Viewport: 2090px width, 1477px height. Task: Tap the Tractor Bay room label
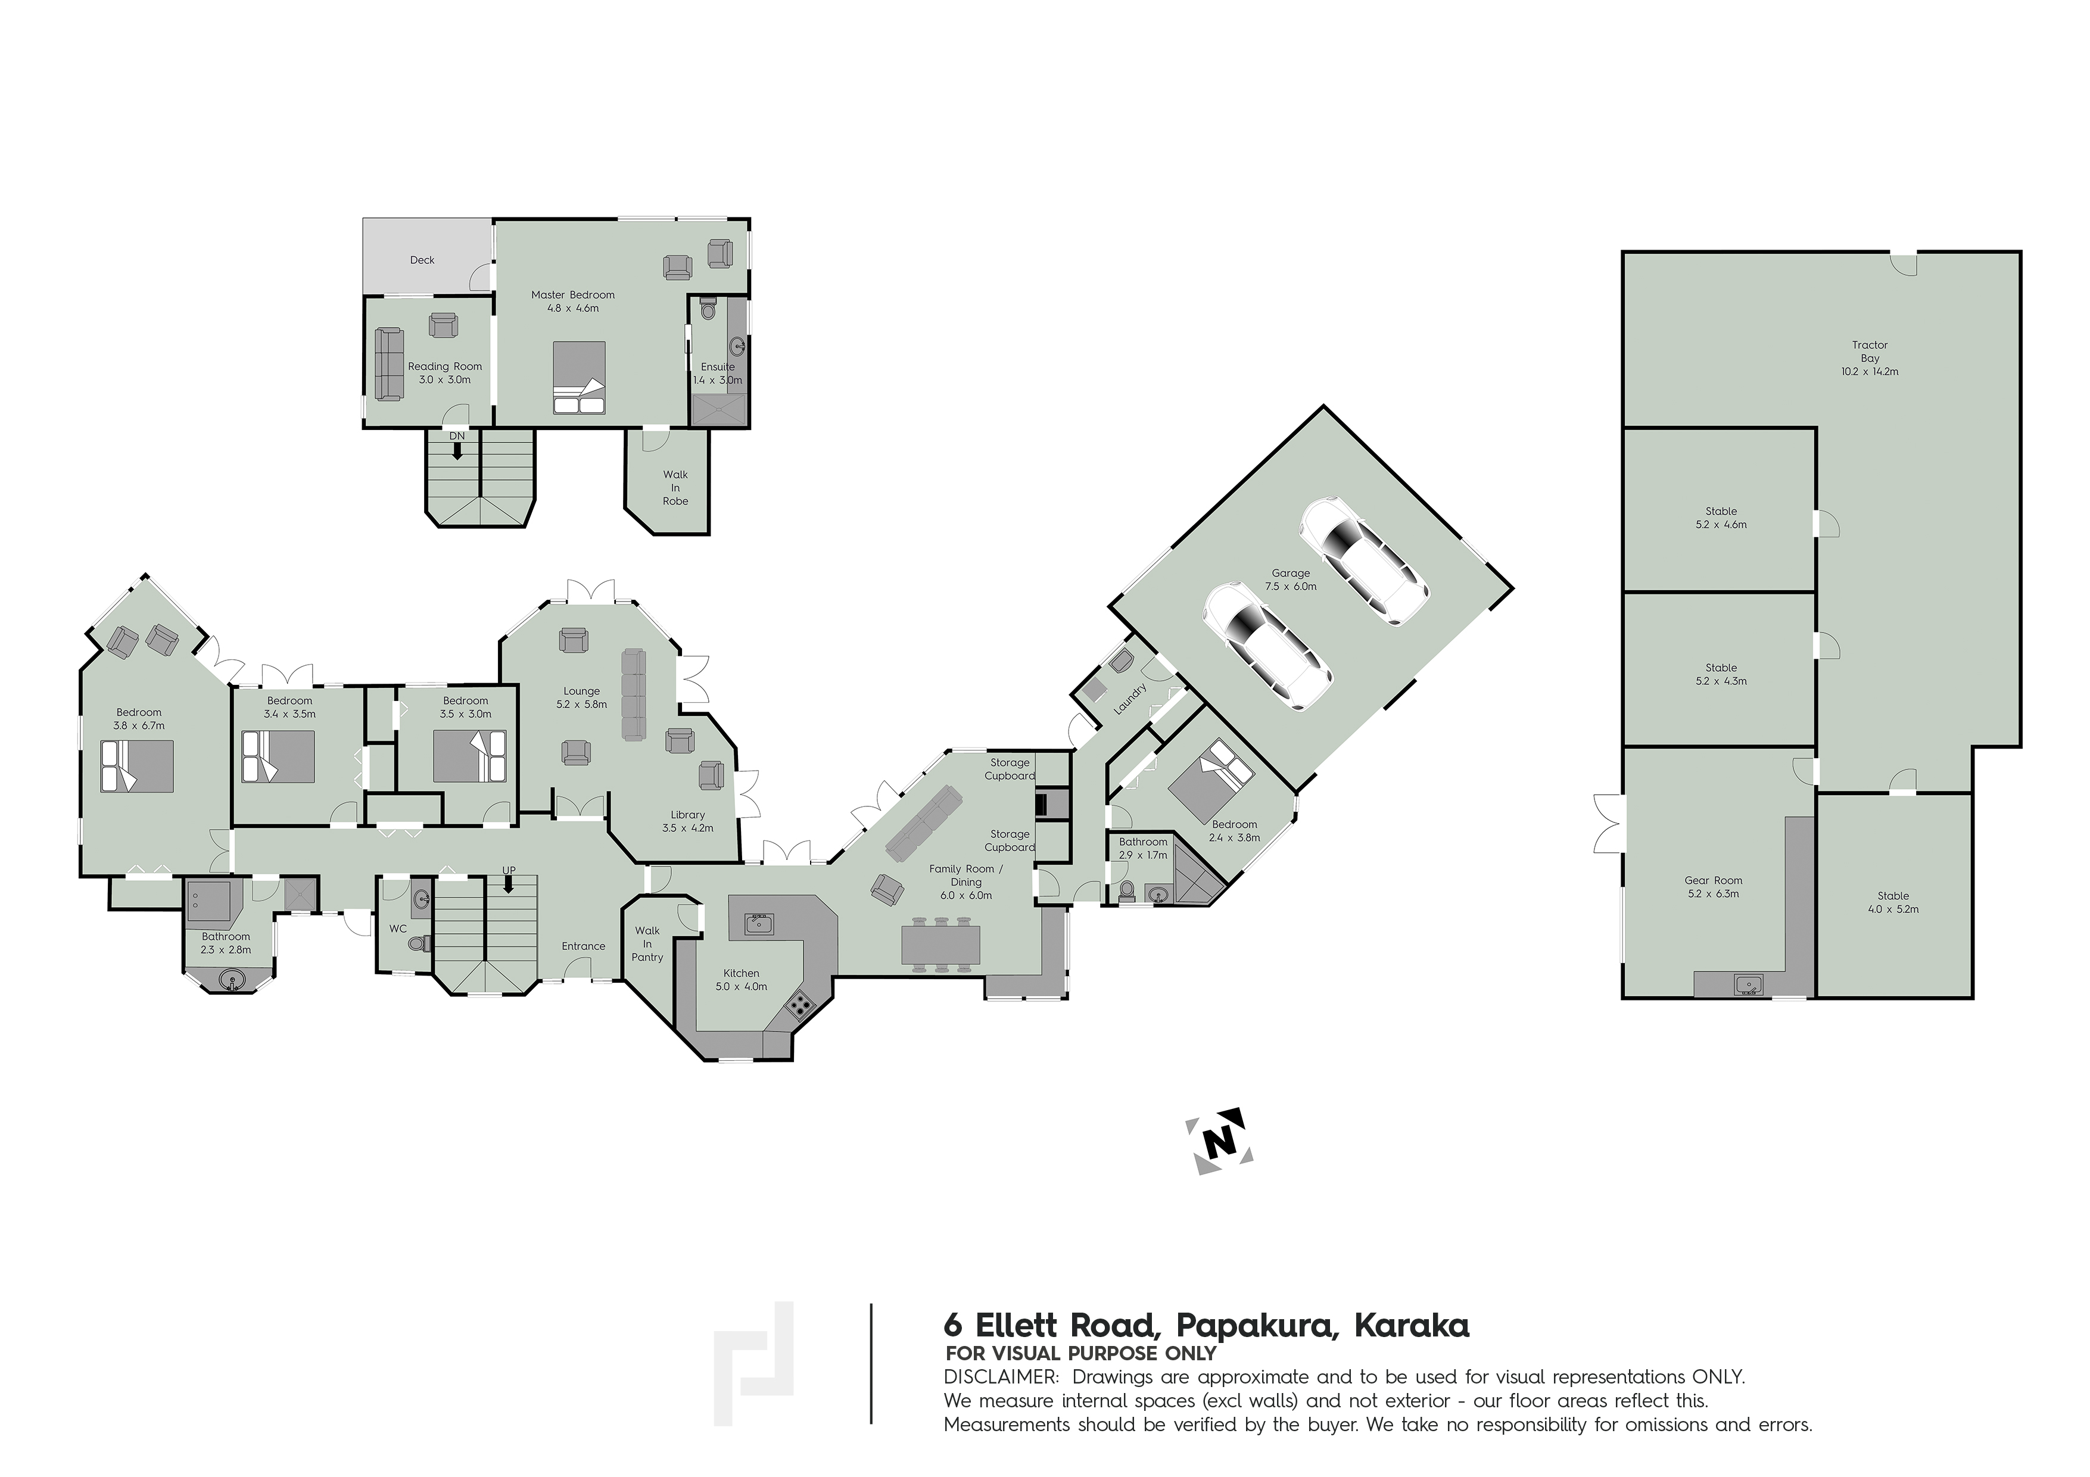coord(1870,358)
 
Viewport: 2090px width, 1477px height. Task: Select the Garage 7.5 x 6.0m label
coord(1291,579)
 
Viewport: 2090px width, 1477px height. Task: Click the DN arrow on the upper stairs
coord(457,448)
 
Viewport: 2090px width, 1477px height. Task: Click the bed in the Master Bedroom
coord(579,378)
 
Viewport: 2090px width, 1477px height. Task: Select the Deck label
coord(422,260)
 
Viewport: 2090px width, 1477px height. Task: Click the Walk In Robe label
coord(675,488)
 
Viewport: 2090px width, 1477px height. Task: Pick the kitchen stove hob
coord(800,1004)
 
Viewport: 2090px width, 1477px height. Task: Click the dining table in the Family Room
coord(941,944)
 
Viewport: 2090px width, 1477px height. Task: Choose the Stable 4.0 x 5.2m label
coord(1893,902)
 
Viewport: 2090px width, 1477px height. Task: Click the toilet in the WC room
coord(418,944)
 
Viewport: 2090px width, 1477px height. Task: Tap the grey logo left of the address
coord(753,1362)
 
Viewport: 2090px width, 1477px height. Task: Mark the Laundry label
coord(1130,699)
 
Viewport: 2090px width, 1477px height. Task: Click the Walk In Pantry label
coord(647,944)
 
